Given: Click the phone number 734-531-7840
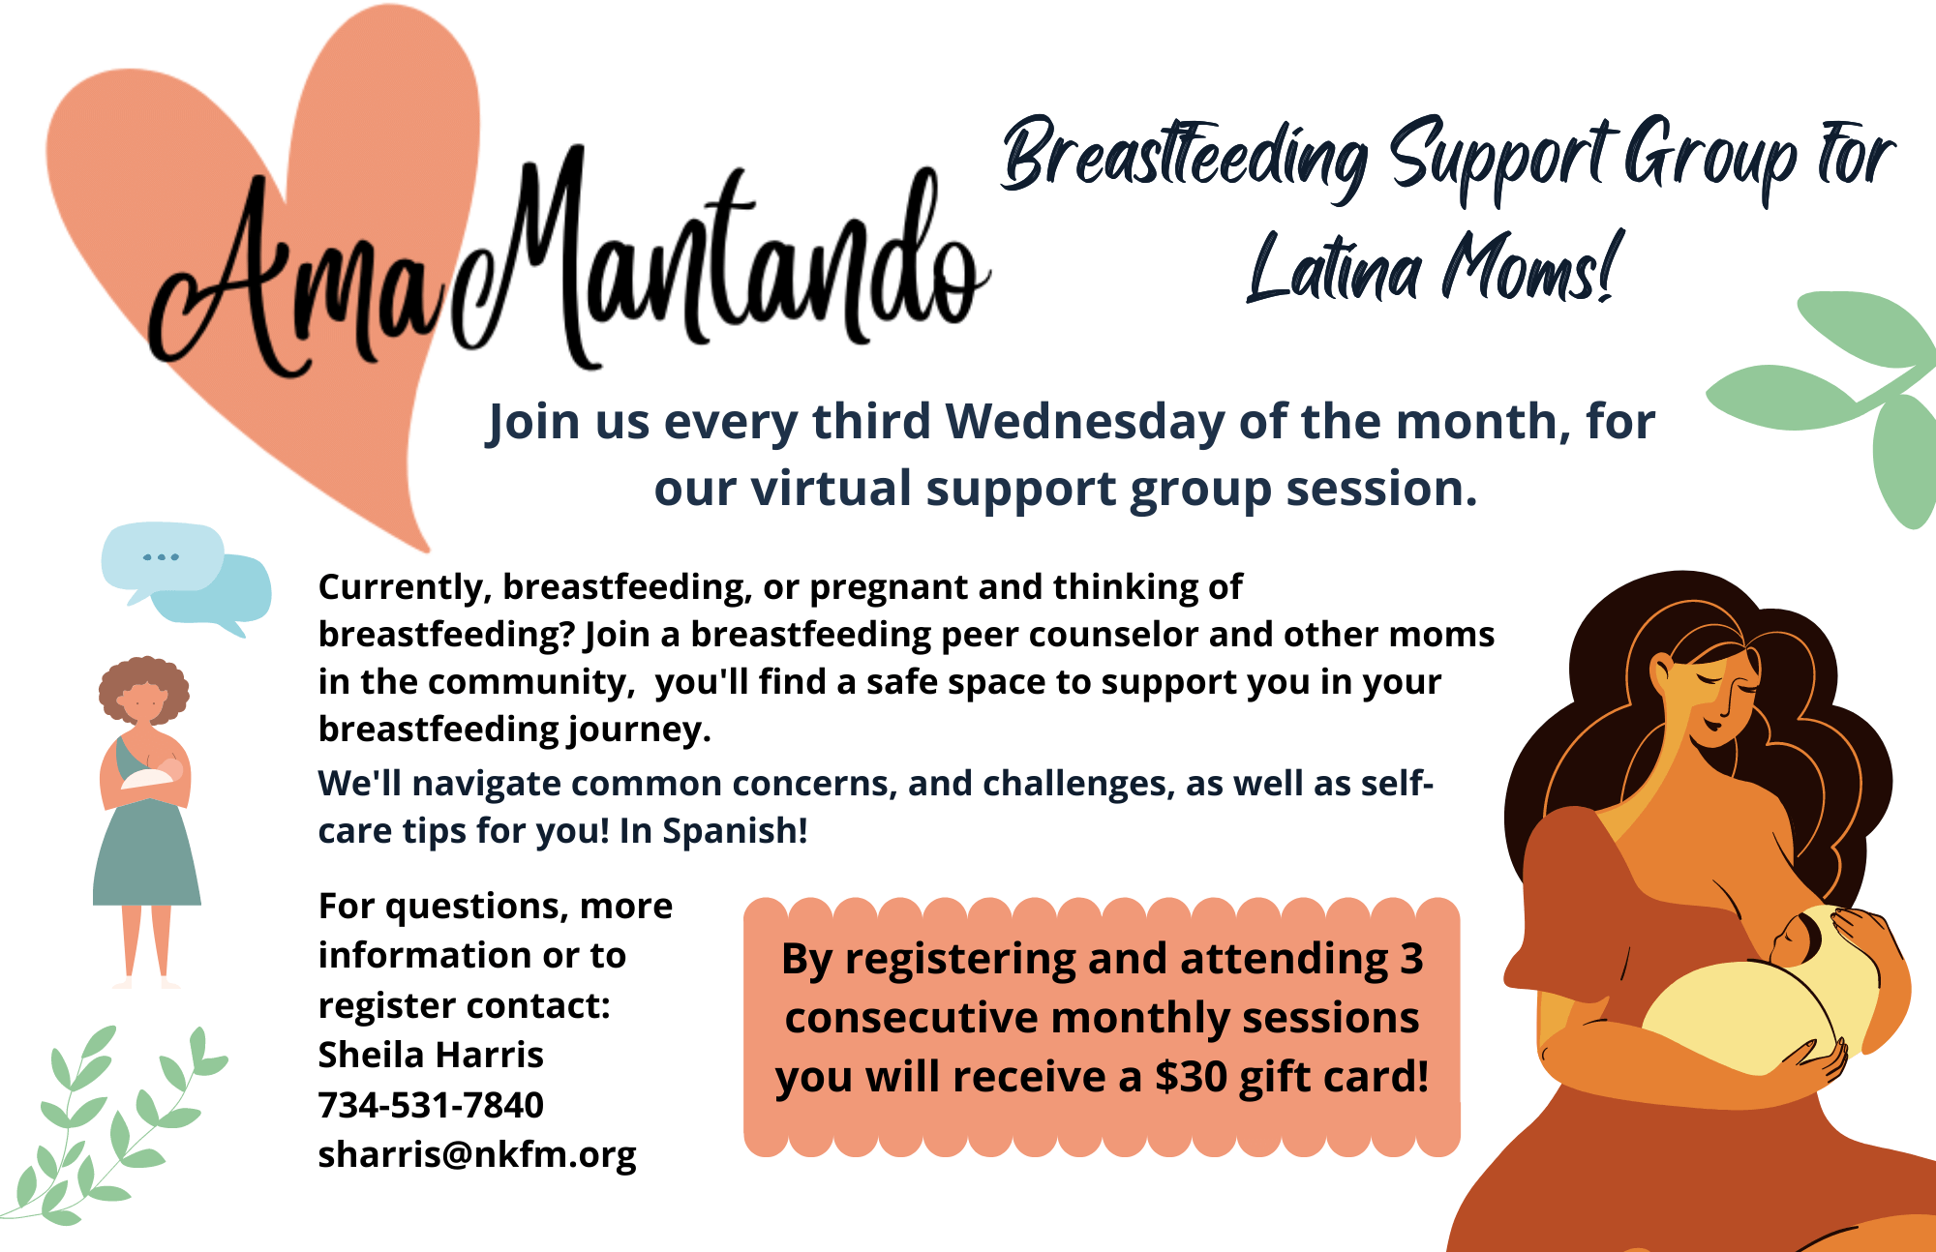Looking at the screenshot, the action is point(431,1105).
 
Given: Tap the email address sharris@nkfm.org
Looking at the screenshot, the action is point(477,1155).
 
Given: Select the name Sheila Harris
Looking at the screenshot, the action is point(431,1055).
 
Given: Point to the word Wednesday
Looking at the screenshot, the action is point(1085,422).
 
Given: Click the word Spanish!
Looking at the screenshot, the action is point(735,831).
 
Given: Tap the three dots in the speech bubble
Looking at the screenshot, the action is point(161,557).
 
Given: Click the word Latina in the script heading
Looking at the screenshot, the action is point(1334,268).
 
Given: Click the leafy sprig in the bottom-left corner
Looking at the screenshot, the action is point(111,1127).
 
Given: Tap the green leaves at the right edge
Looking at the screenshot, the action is point(1839,397).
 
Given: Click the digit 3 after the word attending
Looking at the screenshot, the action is point(1411,959).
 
